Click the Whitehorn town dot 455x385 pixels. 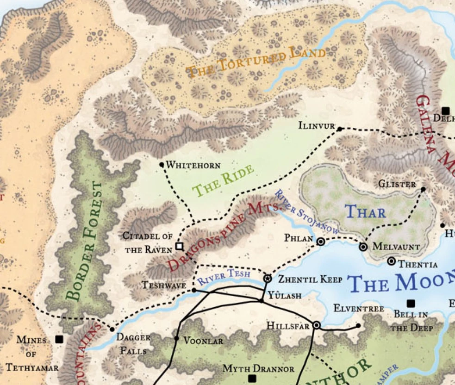[162, 164]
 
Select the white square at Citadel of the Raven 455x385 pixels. [179, 246]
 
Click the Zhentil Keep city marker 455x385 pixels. [267, 279]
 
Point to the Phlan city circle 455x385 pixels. [320, 241]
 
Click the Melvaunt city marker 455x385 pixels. [363, 247]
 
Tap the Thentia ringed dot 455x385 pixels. [391, 261]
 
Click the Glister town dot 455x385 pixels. [423, 189]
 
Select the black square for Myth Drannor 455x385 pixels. [252, 379]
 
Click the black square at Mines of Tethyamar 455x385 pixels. [59, 339]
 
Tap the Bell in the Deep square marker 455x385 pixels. [410, 304]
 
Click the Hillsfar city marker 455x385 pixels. [317, 325]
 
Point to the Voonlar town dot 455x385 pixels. [176, 338]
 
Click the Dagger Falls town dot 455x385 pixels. [112, 329]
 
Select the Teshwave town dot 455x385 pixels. [194, 290]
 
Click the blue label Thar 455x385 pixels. [365, 212]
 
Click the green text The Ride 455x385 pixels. [223, 180]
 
